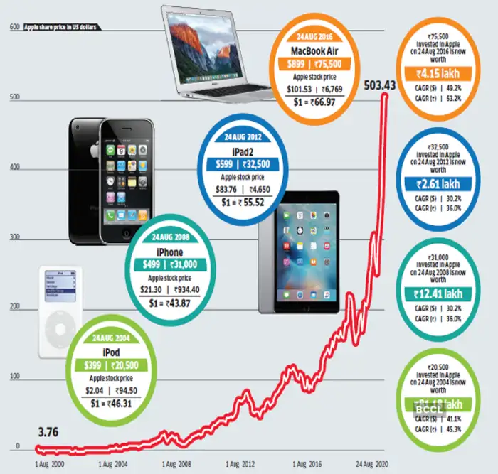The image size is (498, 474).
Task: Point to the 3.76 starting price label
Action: [x=48, y=431]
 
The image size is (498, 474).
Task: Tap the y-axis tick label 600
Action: [x=14, y=28]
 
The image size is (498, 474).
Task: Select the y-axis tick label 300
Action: [x=14, y=238]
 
